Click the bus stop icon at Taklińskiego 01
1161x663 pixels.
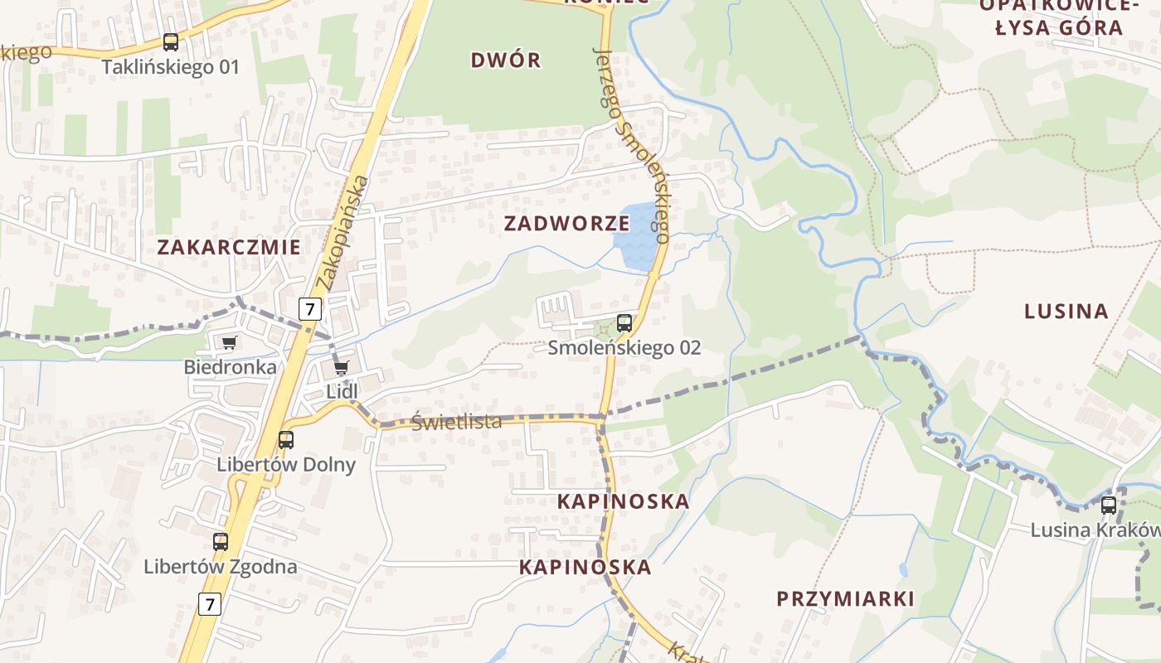pos(171,42)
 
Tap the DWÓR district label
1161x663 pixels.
pos(506,60)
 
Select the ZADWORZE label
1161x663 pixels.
pos(566,223)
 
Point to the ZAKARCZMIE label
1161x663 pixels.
pos(229,247)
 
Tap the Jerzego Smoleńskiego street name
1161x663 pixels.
pos(632,145)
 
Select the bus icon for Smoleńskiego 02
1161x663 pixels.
pos(624,323)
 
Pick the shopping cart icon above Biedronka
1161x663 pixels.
pos(229,342)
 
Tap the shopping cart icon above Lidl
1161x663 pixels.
pos(341,367)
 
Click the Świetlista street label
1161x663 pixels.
pos(457,422)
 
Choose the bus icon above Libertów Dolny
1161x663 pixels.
pos(286,440)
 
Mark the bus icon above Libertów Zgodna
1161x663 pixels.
pos(221,542)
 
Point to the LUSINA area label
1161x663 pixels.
pos(1066,312)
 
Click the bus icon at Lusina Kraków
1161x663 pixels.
pos(1109,506)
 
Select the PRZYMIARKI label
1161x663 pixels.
pos(846,598)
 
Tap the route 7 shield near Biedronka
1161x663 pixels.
pos(310,309)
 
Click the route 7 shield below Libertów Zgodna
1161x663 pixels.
pos(210,603)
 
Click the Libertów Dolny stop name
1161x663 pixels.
pos(286,464)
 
